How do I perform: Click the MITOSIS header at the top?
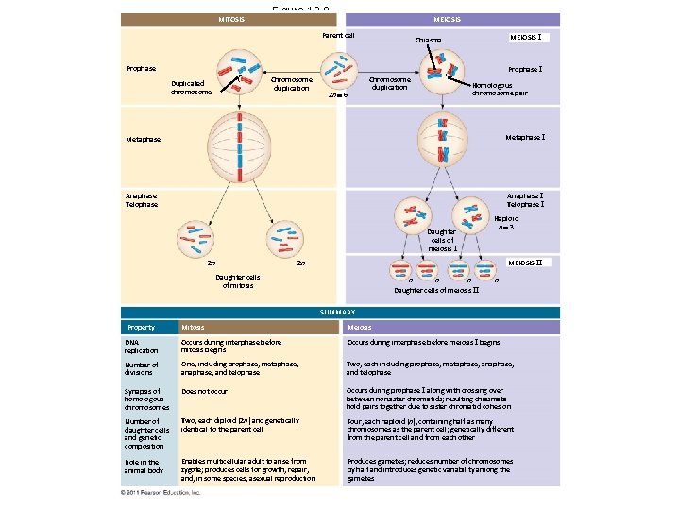click(231, 19)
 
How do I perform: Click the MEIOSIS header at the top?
click(447, 19)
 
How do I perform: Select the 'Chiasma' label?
click(428, 41)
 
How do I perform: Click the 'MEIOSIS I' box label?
click(525, 37)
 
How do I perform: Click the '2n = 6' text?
click(337, 95)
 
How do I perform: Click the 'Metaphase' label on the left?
click(143, 140)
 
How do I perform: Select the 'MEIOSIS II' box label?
click(525, 262)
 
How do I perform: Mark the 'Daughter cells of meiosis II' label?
click(436, 290)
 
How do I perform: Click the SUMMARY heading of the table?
click(336, 313)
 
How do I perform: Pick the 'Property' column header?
click(141, 328)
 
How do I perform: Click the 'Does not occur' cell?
click(204, 390)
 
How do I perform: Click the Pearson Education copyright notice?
click(161, 493)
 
